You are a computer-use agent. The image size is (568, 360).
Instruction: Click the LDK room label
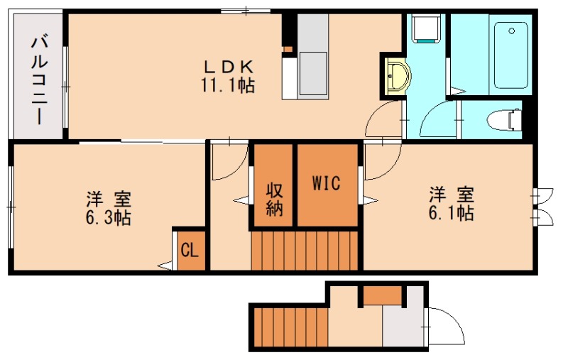point(229,67)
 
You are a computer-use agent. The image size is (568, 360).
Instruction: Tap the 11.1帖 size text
point(229,85)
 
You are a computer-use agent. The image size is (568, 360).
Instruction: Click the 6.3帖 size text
point(107,217)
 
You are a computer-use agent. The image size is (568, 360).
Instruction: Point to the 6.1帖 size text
point(451,212)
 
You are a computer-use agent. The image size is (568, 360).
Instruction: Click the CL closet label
point(190,250)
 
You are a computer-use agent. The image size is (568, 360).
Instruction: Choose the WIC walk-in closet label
point(327,182)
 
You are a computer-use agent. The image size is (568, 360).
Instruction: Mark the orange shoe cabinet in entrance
point(383,294)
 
